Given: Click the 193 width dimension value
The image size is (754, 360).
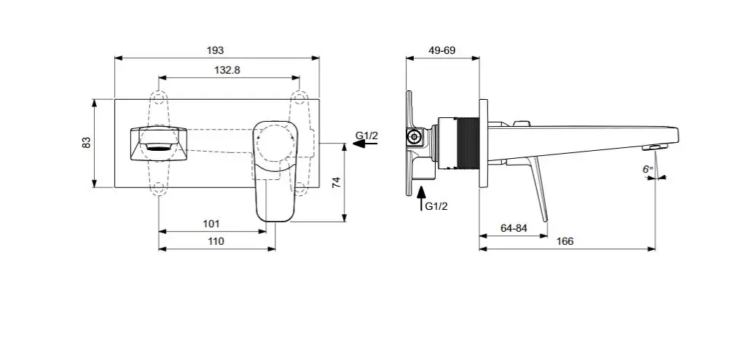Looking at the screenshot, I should [x=215, y=50].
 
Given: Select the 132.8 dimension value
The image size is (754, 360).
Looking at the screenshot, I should [x=227, y=69].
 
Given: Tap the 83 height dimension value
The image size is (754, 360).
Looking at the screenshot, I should [x=87, y=142].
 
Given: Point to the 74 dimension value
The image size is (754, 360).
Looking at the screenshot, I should [x=336, y=182].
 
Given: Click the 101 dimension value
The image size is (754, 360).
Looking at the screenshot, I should [x=211, y=224].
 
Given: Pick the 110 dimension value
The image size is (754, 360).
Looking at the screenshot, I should [x=216, y=241].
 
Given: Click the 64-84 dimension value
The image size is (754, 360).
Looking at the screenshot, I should [x=514, y=228].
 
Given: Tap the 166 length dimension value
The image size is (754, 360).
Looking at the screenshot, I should [x=565, y=241].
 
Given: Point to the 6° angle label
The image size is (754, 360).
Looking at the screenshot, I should [x=647, y=169].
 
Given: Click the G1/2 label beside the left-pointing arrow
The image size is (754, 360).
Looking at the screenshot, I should [x=366, y=136].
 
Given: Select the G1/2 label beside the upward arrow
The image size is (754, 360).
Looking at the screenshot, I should [x=436, y=206].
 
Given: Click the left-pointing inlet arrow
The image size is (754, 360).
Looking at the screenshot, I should [x=364, y=144].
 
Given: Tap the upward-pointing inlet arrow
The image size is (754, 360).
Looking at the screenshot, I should [x=420, y=199].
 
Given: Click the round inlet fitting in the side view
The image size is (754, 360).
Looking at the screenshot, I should [x=415, y=136].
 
